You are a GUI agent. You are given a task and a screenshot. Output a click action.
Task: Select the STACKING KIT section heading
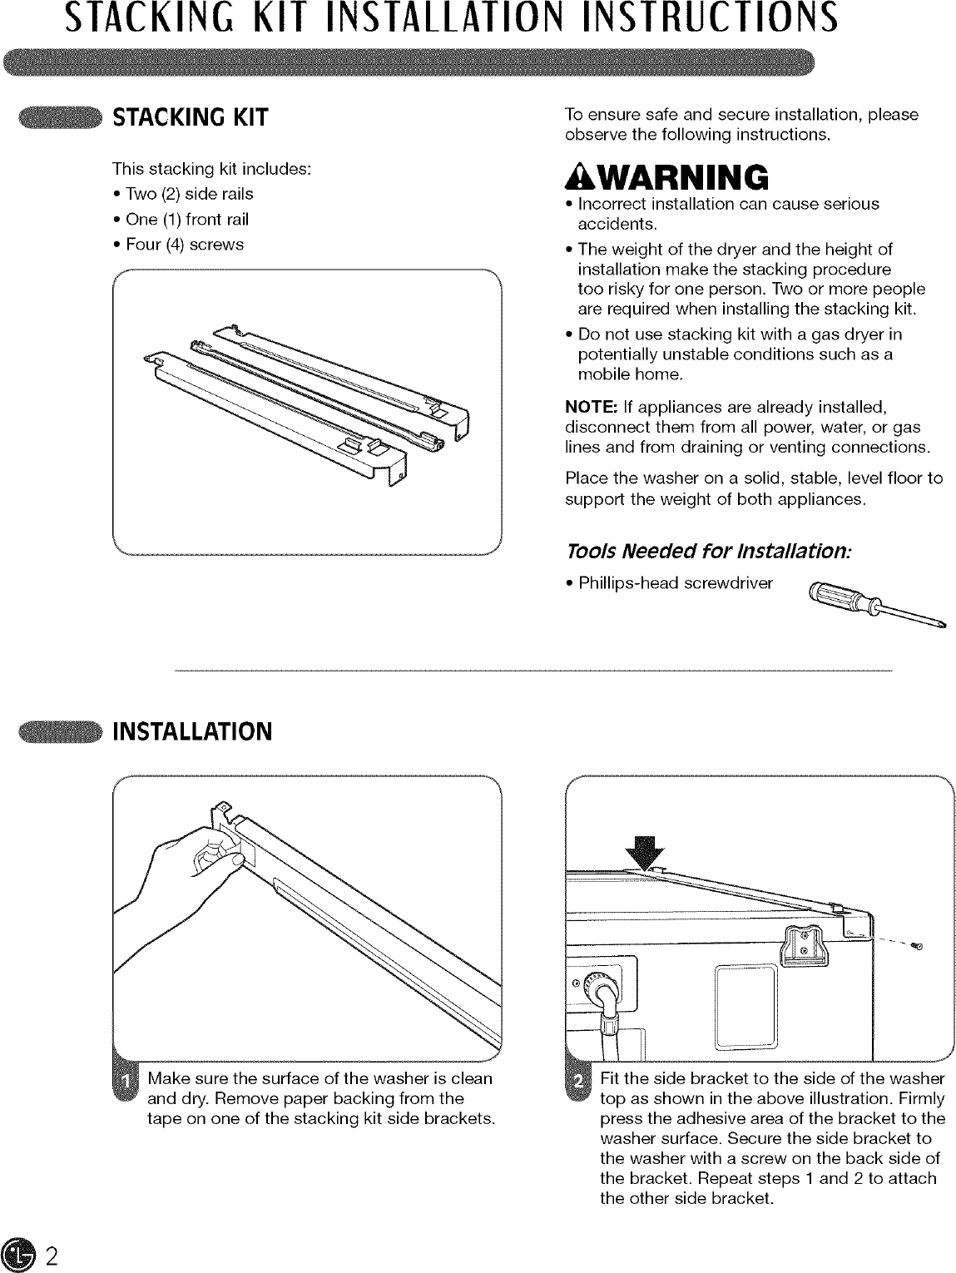coord(191,117)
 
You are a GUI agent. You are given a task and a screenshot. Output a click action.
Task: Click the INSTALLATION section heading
coord(192,732)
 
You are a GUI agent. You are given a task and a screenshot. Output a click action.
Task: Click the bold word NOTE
coord(589,407)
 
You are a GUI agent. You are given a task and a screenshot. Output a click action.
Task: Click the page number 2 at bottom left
coord(51,1256)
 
